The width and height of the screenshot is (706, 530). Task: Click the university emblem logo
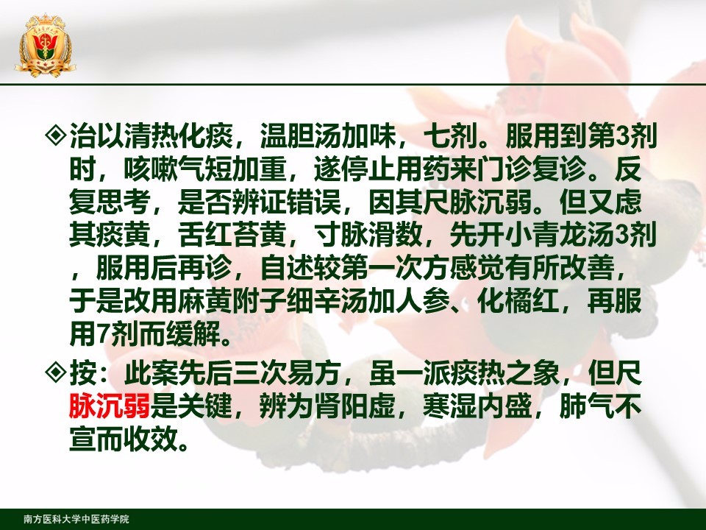coord(45,45)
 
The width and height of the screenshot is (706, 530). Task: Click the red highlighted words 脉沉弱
coord(110,406)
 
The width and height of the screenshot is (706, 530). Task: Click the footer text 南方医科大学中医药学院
coord(76,519)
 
